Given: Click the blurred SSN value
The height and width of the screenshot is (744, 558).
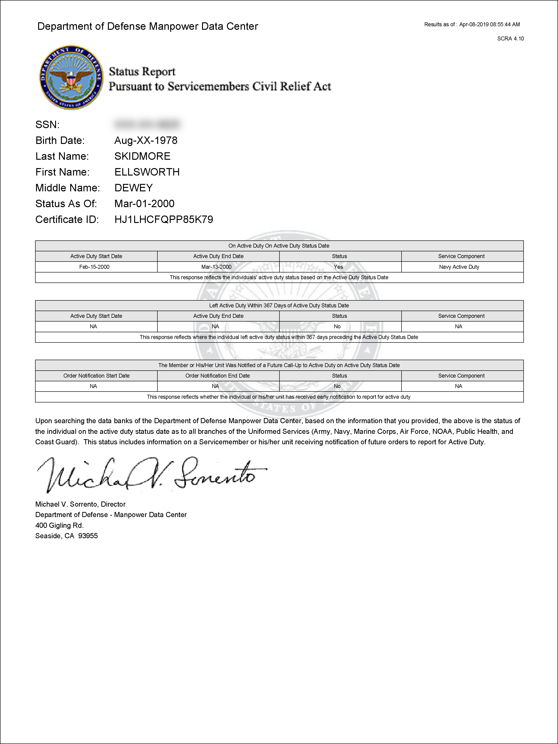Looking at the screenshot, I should click(x=147, y=124).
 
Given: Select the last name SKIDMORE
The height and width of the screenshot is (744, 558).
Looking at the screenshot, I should click(x=142, y=156).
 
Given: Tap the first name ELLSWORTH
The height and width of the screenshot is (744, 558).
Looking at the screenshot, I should click(x=147, y=172).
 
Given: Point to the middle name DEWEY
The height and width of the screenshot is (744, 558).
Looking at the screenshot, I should click(x=133, y=188).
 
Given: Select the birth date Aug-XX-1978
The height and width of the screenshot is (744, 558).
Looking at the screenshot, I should click(x=146, y=140).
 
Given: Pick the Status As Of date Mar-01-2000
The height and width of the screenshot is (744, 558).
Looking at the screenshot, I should click(x=144, y=203).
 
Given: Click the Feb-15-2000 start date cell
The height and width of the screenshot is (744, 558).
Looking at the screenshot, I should click(x=95, y=267).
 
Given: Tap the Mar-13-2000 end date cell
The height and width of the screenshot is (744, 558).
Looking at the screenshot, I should click(x=216, y=267).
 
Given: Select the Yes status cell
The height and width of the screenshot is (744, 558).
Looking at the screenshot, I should click(x=338, y=267).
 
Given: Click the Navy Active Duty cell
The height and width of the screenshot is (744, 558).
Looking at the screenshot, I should click(x=459, y=267).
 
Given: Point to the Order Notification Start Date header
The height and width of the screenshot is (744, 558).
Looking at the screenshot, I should click(x=96, y=376).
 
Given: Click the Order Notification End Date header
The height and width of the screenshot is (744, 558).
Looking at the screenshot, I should click(x=218, y=376).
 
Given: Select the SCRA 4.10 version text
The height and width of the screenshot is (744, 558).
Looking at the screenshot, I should click(x=510, y=39).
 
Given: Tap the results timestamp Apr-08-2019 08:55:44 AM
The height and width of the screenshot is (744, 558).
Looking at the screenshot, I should click(x=489, y=24).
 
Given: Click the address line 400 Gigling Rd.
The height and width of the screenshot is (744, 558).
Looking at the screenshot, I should click(x=60, y=525).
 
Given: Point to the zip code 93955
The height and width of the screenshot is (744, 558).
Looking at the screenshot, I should click(x=88, y=536).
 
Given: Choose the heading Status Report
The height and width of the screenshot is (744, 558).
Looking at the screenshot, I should click(x=142, y=72).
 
